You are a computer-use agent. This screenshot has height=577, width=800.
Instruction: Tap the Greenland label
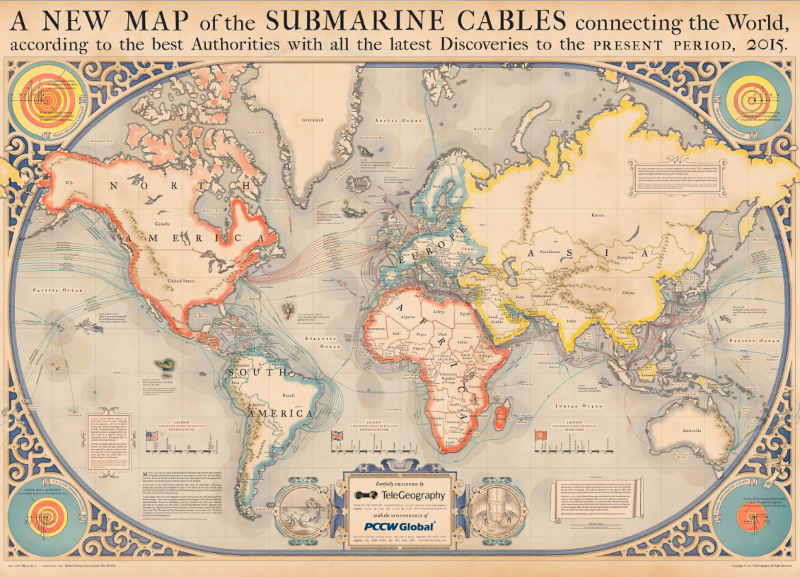pyautogui.click(x=313, y=120)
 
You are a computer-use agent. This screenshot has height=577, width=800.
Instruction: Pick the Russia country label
pyautogui.click(x=598, y=214)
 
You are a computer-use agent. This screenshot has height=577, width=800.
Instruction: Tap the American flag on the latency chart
pyautogui.click(x=151, y=436)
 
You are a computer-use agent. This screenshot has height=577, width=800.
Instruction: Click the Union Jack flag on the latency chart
pyautogui.click(x=337, y=436)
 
